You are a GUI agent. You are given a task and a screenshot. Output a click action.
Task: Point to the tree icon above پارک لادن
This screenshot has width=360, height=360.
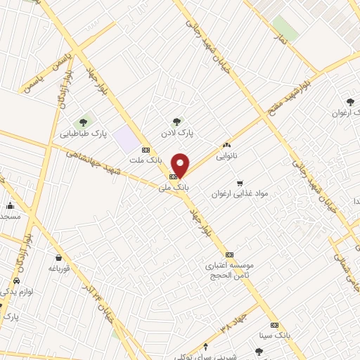click(x=176, y=121)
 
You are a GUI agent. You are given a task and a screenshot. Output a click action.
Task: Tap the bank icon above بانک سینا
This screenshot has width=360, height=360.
click(x=274, y=325)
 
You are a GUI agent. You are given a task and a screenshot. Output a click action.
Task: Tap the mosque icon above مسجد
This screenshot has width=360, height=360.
click(x=10, y=206)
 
